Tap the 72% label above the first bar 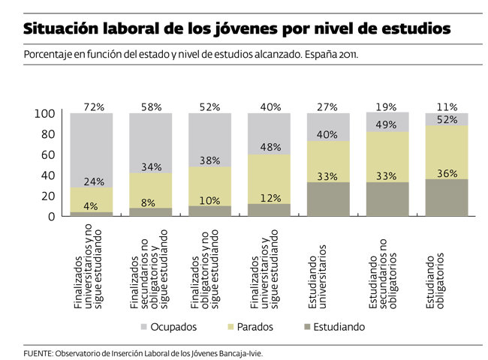click(92, 108)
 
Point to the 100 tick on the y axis click(46, 114)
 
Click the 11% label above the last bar click(447, 108)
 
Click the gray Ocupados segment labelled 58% click(151, 139)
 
